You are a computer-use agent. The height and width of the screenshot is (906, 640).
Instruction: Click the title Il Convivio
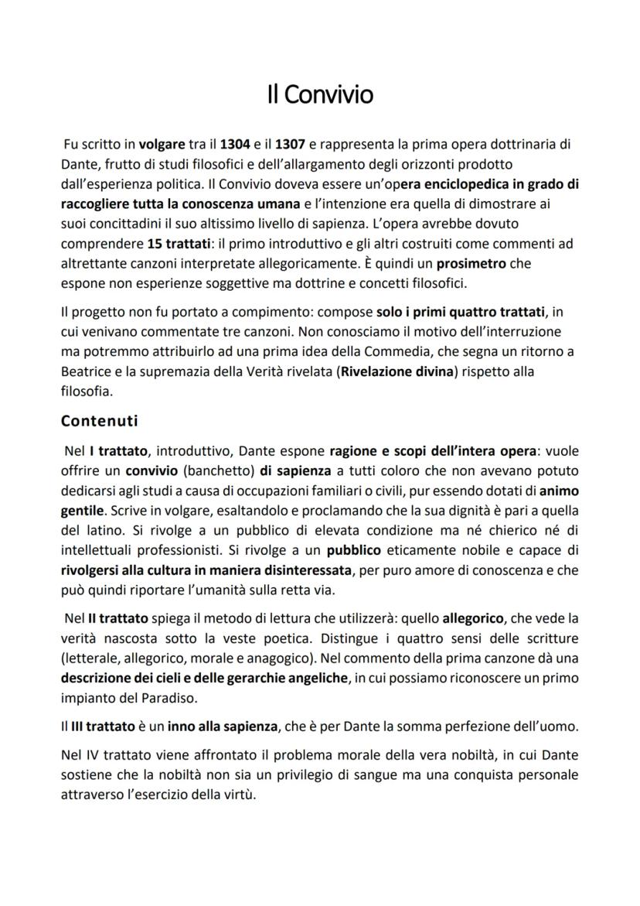320,94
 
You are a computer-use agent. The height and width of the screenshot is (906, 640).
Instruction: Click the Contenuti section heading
99,421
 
